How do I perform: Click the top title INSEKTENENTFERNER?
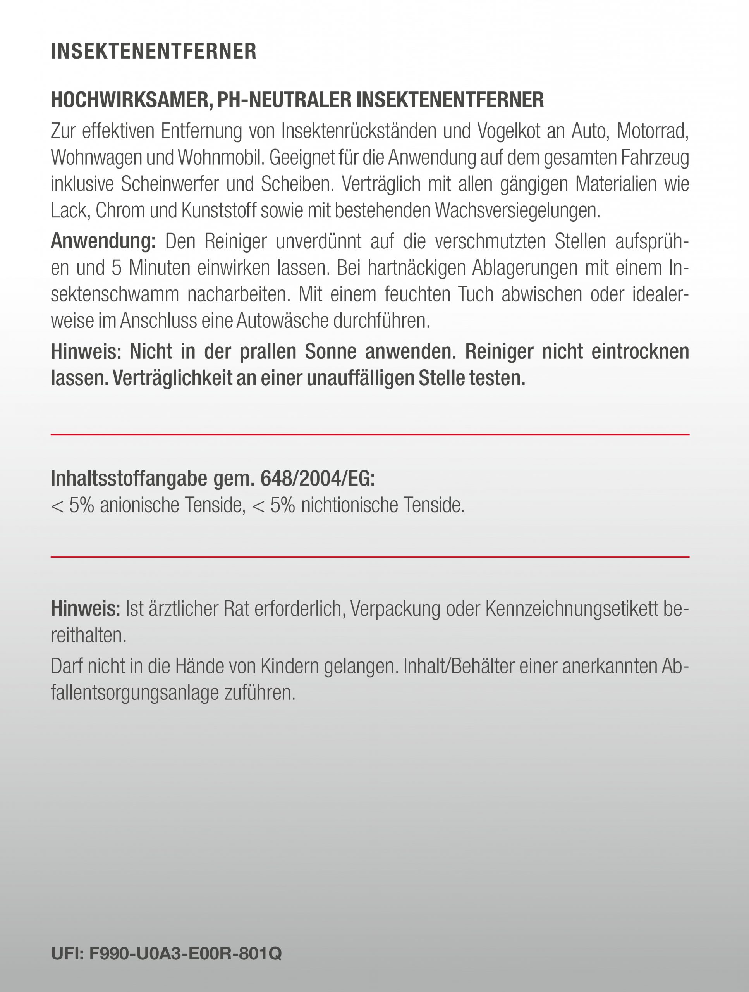154,51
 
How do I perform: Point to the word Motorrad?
653,131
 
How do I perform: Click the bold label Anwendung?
103,241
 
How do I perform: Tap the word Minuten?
159,268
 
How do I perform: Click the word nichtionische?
349,505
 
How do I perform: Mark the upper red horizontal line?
370,434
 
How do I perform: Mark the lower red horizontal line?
370,556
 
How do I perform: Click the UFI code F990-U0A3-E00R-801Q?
185,953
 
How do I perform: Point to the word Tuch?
475,294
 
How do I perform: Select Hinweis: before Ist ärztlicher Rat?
86,608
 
